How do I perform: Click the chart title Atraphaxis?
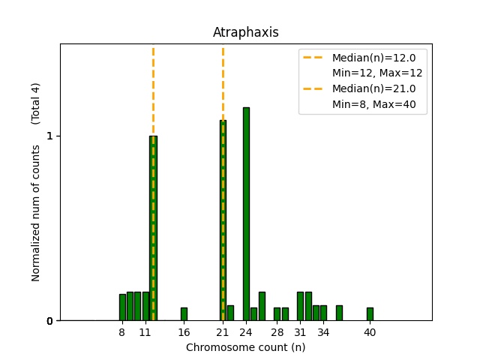(245, 32)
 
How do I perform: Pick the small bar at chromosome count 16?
(184, 314)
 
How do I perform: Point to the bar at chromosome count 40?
(370, 314)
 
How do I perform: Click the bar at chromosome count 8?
(122, 307)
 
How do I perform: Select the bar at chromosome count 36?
(339, 313)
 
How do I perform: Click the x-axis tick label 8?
(122, 332)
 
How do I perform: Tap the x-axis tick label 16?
(184, 332)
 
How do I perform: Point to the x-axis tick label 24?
(246, 332)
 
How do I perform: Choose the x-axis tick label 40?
(370, 332)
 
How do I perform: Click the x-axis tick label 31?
(300, 332)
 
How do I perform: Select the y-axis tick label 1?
(49, 136)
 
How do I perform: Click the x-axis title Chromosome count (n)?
(245, 347)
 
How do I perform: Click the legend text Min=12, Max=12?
(377, 73)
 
